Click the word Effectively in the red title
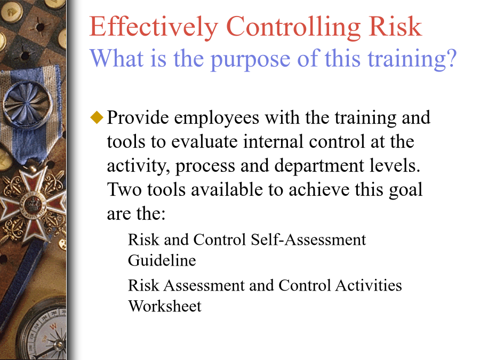(154, 27)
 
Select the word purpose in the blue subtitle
(251, 60)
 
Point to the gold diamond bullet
(97, 117)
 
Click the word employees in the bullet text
(217, 118)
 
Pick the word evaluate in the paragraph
(204, 141)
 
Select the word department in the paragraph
(319, 166)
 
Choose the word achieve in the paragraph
(319, 190)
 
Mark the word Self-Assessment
(308, 239)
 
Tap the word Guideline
(162, 260)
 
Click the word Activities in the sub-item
(369, 285)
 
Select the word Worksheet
(165, 306)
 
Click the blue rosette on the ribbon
(27, 104)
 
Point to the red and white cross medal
(32, 204)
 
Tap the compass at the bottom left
(46, 334)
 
